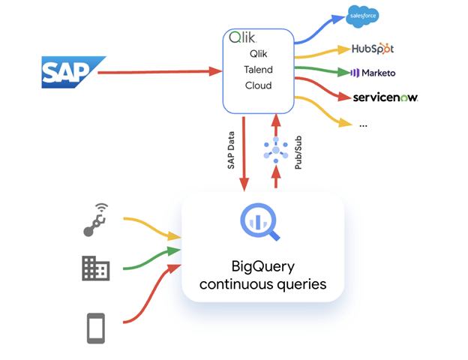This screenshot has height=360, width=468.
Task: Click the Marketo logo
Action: tap(373, 73)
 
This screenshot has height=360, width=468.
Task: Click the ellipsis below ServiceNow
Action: tap(363, 124)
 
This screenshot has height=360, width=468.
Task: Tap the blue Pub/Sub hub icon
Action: tap(275, 151)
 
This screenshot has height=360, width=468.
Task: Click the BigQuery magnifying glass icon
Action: tap(259, 223)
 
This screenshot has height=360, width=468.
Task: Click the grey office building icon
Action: tap(95, 268)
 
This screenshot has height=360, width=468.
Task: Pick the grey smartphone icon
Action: tap(95, 328)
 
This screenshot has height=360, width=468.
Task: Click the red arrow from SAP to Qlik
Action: tap(157, 72)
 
